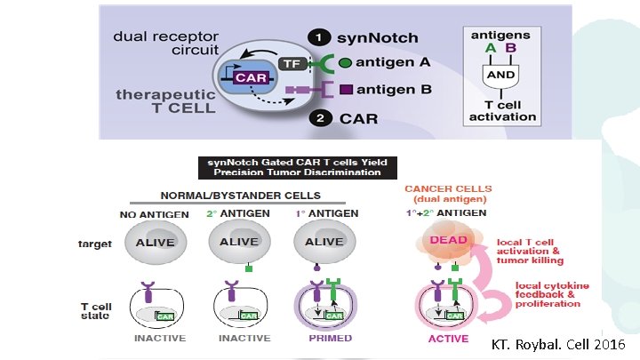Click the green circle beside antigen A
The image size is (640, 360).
coord(346,63)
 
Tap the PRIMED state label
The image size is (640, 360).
coord(330,338)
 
